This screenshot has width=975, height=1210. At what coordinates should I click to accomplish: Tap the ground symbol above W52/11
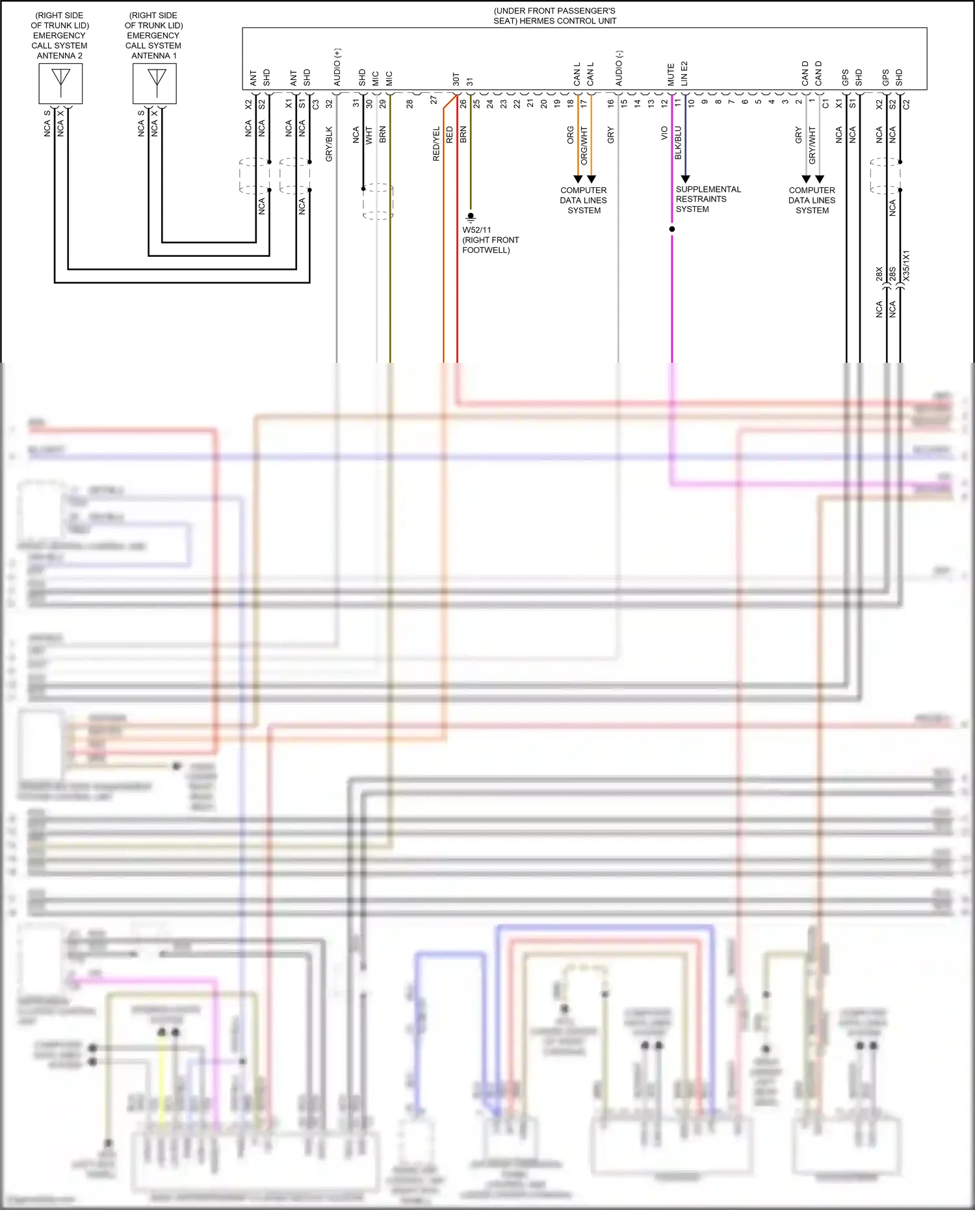[x=471, y=218]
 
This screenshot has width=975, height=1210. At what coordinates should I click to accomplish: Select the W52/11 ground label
[x=476, y=230]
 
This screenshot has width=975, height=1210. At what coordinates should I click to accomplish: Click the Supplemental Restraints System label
[x=707, y=199]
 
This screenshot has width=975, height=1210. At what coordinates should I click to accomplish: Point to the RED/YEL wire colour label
[x=436, y=144]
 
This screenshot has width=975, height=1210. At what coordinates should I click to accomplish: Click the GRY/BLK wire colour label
[x=329, y=144]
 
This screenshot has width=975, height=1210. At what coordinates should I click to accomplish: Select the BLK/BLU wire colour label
[x=678, y=143]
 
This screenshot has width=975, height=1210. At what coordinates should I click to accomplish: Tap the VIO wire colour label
[x=664, y=133]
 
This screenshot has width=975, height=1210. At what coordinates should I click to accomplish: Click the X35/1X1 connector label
[x=906, y=265]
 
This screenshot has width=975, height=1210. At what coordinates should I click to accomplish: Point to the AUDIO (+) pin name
[x=337, y=68]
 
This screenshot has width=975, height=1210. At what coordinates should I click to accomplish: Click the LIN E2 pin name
[x=684, y=74]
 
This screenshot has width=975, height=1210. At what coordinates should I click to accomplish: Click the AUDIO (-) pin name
[x=619, y=68]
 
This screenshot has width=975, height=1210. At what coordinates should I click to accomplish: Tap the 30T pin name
[x=456, y=79]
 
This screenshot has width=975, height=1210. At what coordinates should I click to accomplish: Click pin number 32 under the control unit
[x=329, y=103]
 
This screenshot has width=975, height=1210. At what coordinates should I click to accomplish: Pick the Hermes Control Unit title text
[x=554, y=16]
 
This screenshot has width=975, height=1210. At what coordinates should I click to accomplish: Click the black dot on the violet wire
[x=671, y=229]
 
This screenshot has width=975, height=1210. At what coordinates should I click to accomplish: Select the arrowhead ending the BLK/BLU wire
[x=685, y=179]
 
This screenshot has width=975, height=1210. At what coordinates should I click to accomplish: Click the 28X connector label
[x=879, y=274]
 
